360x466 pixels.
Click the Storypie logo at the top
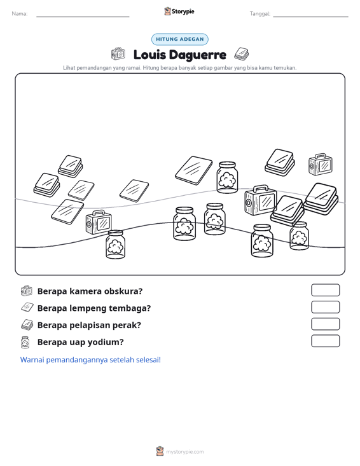tap(179, 11)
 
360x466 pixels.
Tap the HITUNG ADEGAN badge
tap(180, 39)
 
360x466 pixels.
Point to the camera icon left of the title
tap(118, 53)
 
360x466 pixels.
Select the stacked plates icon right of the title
tap(242, 54)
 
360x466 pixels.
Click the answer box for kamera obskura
tap(325, 290)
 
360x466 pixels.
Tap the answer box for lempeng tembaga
tap(325, 307)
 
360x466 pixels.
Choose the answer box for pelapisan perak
tap(325, 324)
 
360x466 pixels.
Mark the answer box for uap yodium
tap(325, 341)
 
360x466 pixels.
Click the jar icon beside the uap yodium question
tap(25, 342)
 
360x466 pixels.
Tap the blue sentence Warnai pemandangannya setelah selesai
tap(90, 360)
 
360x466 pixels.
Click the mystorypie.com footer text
tap(185, 452)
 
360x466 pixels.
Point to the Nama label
tap(20, 14)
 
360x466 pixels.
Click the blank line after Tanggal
tap(310, 17)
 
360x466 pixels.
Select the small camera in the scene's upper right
tap(320, 165)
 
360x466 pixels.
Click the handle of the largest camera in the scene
tap(260, 188)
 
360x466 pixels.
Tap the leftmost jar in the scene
tap(115, 244)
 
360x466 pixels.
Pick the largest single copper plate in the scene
tap(194, 170)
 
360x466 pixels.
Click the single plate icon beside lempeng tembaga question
tap(27, 307)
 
